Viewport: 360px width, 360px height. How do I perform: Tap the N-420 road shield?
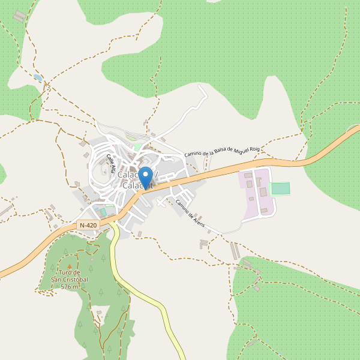(88, 225)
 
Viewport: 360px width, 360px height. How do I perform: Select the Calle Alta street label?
(110, 163)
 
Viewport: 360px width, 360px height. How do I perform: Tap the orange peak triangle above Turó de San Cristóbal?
(70, 267)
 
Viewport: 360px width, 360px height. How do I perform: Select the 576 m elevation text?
(70, 287)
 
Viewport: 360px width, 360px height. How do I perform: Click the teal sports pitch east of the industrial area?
(280, 188)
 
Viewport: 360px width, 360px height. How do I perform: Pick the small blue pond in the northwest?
(38, 77)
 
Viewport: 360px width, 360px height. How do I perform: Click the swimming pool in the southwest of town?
(103, 212)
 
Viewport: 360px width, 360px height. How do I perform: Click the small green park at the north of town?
(138, 146)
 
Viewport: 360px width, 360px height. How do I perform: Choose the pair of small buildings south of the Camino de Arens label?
(205, 244)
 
